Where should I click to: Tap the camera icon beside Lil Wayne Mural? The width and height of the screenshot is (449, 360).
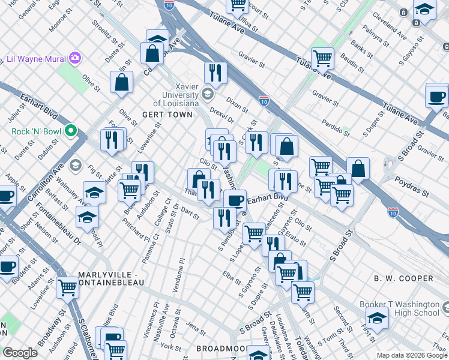(x=75, y=58)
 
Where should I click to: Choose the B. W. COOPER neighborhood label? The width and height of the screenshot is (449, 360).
(x=403, y=278)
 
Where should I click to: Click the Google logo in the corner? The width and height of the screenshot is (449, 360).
(x=20, y=353)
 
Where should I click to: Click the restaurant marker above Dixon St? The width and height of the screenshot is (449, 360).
(x=215, y=73)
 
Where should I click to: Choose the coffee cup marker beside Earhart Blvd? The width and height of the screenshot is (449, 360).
(x=235, y=199)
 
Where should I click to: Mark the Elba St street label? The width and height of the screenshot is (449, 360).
(x=228, y=278)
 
